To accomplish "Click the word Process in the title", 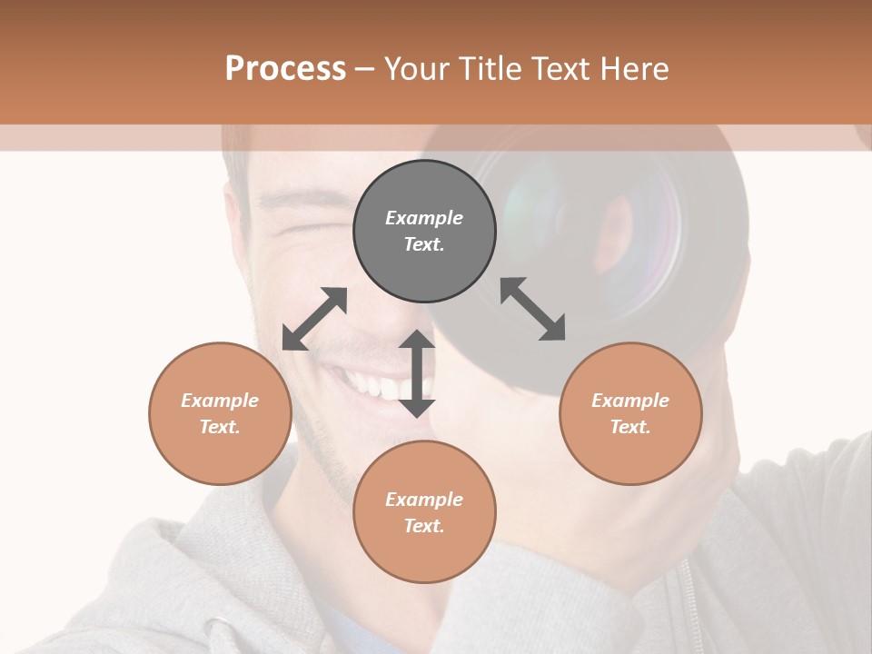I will pos(285,69).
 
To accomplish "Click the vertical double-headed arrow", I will pos(417,373).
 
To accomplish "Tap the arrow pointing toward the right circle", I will pos(532,309).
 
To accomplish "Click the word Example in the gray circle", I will pos(424,218).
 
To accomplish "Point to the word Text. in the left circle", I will pos(220,427).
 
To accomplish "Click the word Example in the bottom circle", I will pos(424,499).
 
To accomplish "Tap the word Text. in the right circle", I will pos(630,427).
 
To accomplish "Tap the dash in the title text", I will pos(364,70).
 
